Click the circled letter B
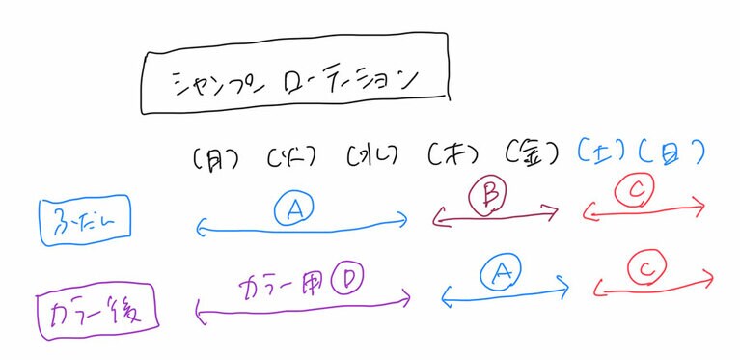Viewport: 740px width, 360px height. (x=488, y=197)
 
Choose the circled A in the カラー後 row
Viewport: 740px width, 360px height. (x=498, y=275)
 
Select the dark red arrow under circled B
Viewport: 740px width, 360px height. (x=496, y=218)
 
